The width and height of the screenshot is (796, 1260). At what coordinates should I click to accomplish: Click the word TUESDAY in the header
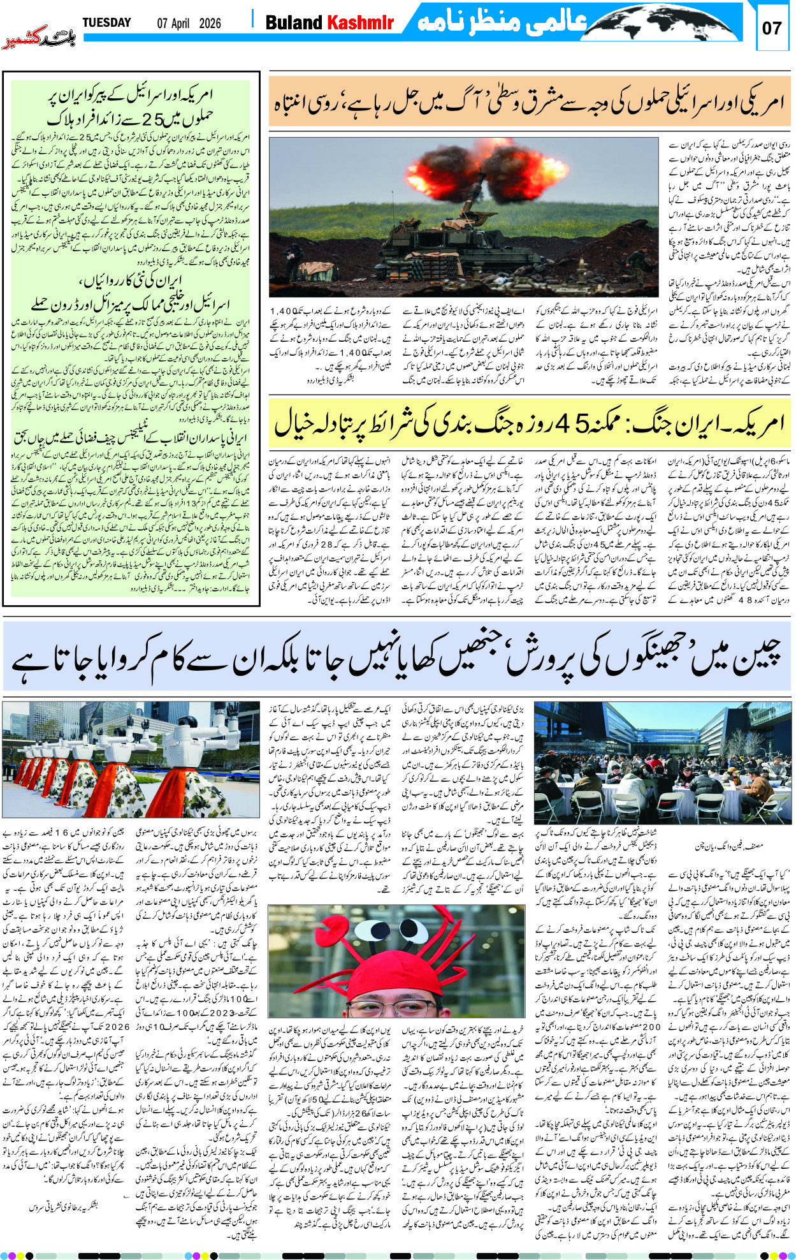[x=106, y=23]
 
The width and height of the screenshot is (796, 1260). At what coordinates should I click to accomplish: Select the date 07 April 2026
[x=189, y=24]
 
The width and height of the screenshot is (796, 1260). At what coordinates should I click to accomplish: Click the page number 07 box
[x=771, y=27]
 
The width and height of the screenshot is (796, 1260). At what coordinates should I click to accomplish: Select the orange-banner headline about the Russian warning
[x=529, y=102]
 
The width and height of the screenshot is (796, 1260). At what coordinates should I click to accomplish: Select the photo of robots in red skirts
[x=131, y=759]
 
